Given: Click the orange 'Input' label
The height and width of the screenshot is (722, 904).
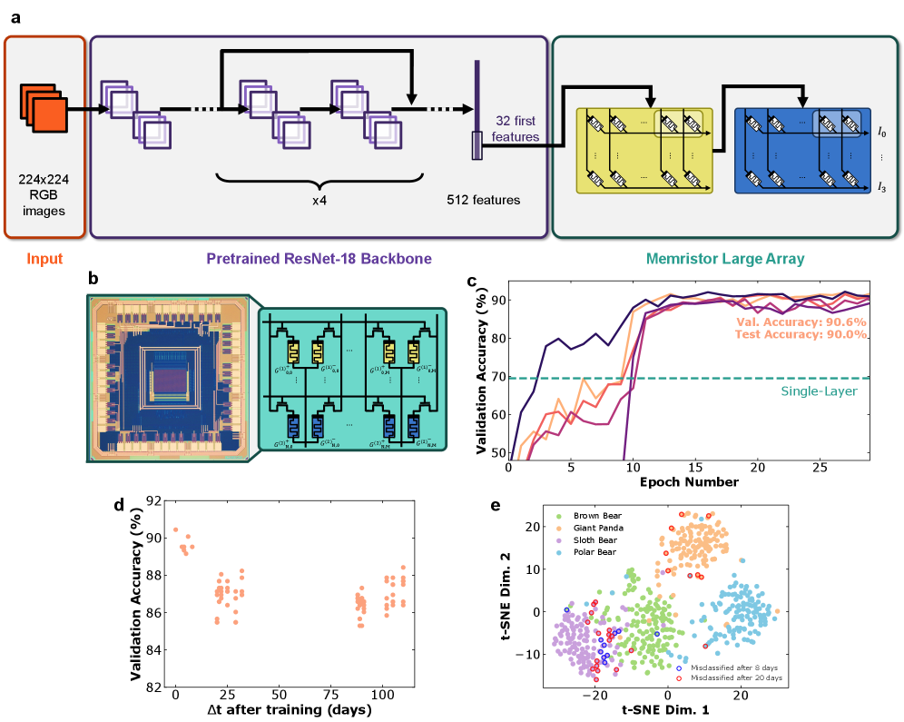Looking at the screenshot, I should [44, 259].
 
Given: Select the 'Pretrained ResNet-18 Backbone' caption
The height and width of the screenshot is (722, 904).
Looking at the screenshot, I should [319, 259].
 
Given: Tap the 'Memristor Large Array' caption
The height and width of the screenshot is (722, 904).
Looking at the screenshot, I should [725, 259].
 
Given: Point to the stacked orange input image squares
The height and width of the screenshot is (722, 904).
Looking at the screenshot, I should [44, 108].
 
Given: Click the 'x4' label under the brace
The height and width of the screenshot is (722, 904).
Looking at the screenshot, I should [319, 200].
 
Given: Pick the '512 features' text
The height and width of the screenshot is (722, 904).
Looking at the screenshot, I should [484, 200].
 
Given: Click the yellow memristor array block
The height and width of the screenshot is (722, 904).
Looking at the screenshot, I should [644, 150].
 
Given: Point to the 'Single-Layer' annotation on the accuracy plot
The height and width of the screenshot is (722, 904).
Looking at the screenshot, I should [818, 391].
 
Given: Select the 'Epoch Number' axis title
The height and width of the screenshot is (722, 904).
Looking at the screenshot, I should [689, 481].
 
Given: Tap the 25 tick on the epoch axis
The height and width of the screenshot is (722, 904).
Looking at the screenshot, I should [819, 467].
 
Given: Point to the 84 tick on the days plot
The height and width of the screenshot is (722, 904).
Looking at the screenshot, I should [157, 650].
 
